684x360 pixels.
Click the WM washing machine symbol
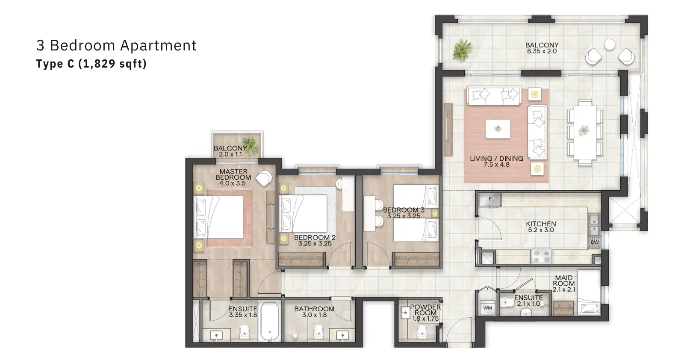(x=487, y=308)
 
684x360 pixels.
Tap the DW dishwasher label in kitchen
(x=595, y=242)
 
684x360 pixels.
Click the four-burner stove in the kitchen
(x=541, y=256)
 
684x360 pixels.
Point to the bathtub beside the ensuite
(x=270, y=322)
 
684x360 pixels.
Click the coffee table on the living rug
(x=498, y=129)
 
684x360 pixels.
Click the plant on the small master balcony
(x=251, y=146)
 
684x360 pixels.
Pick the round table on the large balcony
(x=610, y=45)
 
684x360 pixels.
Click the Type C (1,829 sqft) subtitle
(x=91, y=64)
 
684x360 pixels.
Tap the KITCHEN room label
(x=541, y=224)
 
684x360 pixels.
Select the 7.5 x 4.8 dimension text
(x=496, y=165)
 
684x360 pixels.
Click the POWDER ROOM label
(x=425, y=310)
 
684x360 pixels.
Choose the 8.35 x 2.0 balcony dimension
(x=542, y=51)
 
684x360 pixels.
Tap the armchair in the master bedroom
(x=264, y=178)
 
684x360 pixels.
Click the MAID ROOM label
(x=564, y=280)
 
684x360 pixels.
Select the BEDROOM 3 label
(x=404, y=210)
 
